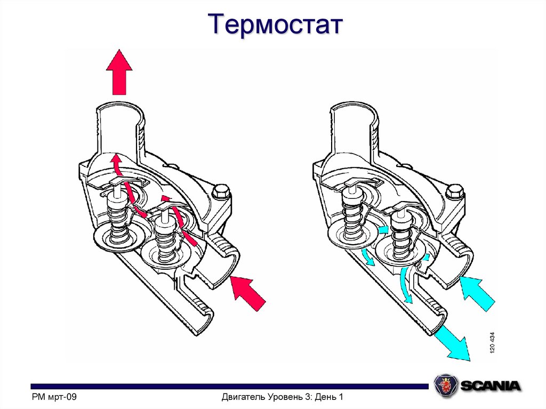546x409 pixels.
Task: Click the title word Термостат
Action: tap(272, 25)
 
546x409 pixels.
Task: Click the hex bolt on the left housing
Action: tap(220, 191)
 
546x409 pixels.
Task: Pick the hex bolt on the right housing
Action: tap(454, 191)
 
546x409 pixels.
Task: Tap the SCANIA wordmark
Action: tap(491, 385)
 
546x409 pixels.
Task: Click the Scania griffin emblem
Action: tap(445, 384)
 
